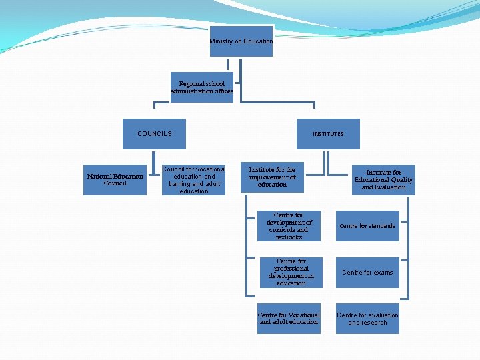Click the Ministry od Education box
tap(241, 41)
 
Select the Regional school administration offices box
tap(202, 87)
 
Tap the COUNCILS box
tap(154, 134)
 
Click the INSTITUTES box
tap(328, 134)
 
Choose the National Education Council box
tap(115, 180)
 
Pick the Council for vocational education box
tap(194, 180)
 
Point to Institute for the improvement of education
tap(272, 177)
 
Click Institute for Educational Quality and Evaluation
tap(383, 180)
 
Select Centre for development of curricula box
tap(289, 226)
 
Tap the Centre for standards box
tap(367, 226)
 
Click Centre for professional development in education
tap(291, 273)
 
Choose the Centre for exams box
tap(367, 273)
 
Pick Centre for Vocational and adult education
tap(289, 319)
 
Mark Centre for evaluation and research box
tap(367, 319)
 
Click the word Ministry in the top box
tap(221, 41)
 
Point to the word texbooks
tap(289, 237)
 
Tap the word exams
tap(383, 273)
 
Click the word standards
tap(381, 226)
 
